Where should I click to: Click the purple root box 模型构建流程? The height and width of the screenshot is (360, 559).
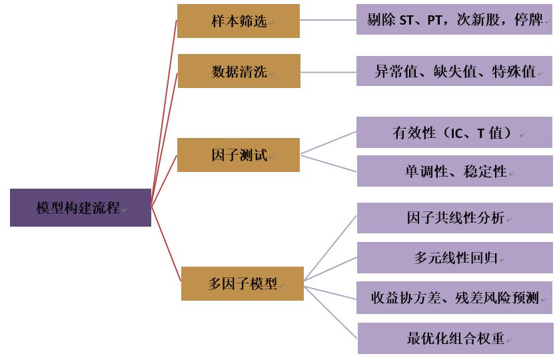81,207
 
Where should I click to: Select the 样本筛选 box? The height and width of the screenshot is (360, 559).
239,21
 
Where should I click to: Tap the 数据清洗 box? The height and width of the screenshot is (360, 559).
239,71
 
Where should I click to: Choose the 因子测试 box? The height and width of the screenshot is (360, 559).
239,155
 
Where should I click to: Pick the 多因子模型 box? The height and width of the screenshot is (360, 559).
243,283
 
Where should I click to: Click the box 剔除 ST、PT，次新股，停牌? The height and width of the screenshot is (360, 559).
455,20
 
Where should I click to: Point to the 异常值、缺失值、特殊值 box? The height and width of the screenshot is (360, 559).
455,71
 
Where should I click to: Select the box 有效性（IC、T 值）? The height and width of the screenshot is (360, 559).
455,133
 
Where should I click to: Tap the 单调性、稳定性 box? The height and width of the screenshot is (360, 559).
455,171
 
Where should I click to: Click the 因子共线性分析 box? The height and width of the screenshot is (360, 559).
455,218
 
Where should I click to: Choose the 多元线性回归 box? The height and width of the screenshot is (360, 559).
455,258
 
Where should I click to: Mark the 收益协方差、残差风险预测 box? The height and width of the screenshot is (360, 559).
455,298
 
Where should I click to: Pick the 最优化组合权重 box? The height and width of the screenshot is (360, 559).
455,338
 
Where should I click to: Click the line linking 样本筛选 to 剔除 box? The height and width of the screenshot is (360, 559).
328,19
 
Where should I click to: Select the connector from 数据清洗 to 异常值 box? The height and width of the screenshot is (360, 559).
328,71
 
